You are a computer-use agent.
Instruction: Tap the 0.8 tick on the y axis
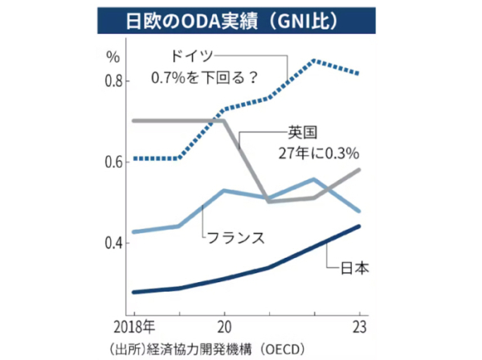(x=112, y=81)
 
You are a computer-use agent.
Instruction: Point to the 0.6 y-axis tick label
(x=112, y=162)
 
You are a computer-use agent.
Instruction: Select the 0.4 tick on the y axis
(x=112, y=243)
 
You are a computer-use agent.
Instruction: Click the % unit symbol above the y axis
(x=113, y=57)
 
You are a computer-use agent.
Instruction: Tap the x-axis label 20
(x=223, y=329)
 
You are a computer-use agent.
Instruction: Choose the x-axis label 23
(x=359, y=329)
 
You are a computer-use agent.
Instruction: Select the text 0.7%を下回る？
(x=205, y=79)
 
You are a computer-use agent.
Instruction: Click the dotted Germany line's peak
(x=314, y=60)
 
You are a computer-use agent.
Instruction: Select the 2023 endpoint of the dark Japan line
(x=359, y=226)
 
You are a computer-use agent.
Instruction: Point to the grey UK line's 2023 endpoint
(x=359, y=170)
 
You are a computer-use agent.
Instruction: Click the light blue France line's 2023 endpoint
(x=359, y=211)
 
